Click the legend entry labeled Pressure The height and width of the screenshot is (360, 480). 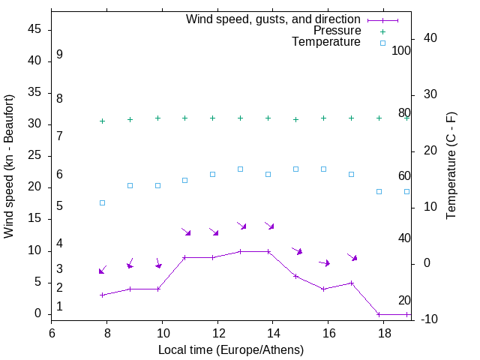click(337, 31)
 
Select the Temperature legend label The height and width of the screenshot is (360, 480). click(326, 42)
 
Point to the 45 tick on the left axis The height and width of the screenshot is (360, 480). click(34, 29)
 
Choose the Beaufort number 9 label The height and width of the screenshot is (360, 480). click(59, 55)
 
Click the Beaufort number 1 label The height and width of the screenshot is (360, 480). click(59, 307)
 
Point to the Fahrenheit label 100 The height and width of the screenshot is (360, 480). click(402, 51)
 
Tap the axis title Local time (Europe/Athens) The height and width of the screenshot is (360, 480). click(231, 349)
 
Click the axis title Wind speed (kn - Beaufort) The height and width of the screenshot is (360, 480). click(9, 166)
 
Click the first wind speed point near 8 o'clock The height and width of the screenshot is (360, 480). click(103, 295)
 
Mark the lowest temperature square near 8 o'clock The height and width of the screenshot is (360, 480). click(103, 202)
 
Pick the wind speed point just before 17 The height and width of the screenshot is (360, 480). click(351, 283)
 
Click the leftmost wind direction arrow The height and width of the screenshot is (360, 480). click(103, 270)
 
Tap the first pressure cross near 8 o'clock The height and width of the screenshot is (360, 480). click(103, 121)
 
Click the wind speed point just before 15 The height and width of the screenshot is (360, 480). click(295, 276)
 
